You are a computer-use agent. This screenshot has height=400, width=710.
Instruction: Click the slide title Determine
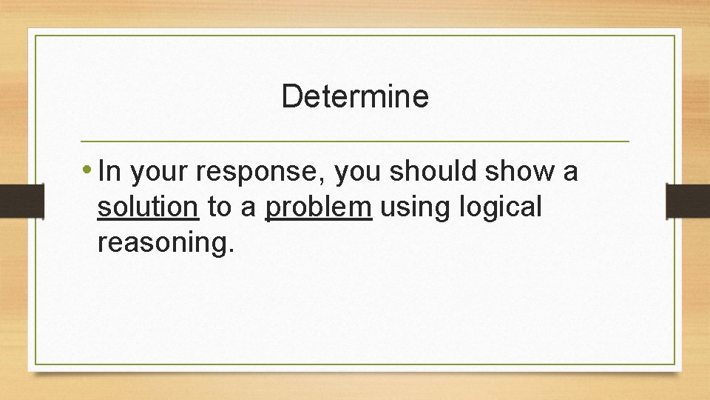(355, 96)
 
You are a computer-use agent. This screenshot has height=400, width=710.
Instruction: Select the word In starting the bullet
(108, 172)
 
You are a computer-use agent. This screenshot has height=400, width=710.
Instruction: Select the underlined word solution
(148, 208)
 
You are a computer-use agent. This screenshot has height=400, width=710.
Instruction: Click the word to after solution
(219, 208)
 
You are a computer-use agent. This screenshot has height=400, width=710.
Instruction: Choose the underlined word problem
(318, 208)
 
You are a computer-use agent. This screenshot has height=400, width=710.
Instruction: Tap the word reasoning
(165, 244)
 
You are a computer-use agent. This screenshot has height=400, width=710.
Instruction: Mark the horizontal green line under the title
(355, 141)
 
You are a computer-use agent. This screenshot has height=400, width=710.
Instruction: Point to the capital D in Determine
(291, 96)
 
